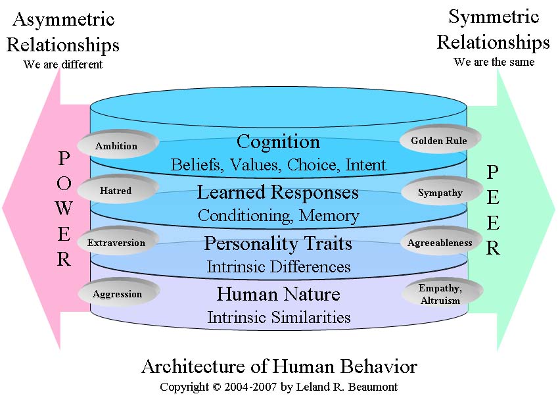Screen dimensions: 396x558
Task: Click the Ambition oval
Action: [x=116, y=145]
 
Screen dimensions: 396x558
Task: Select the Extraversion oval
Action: [x=116, y=242]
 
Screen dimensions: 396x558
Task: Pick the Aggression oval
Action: [x=118, y=293]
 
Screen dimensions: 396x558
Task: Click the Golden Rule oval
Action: [x=440, y=140]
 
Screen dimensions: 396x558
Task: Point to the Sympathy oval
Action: [x=440, y=193]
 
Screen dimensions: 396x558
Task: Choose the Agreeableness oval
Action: [x=440, y=243]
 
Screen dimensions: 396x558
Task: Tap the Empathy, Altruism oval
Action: [x=440, y=293]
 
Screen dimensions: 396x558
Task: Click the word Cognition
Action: [x=278, y=141]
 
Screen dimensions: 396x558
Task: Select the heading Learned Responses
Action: [x=278, y=192]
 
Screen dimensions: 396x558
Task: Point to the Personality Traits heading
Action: [x=278, y=243]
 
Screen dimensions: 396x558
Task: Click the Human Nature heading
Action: [x=278, y=293]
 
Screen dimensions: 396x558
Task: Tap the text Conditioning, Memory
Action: [x=278, y=215]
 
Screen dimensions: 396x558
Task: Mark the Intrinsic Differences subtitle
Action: [x=278, y=266]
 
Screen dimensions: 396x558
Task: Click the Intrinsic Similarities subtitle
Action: [x=279, y=317]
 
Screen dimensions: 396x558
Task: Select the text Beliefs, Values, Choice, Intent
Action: [x=278, y=164]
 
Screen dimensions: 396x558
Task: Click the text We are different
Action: [x=63, y=64]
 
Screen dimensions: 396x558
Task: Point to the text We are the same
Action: [x=494, y=62]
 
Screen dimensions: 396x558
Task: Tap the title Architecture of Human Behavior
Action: [x=279, y=366]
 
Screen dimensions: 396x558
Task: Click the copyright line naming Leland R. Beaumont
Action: [x=279, y=386]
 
